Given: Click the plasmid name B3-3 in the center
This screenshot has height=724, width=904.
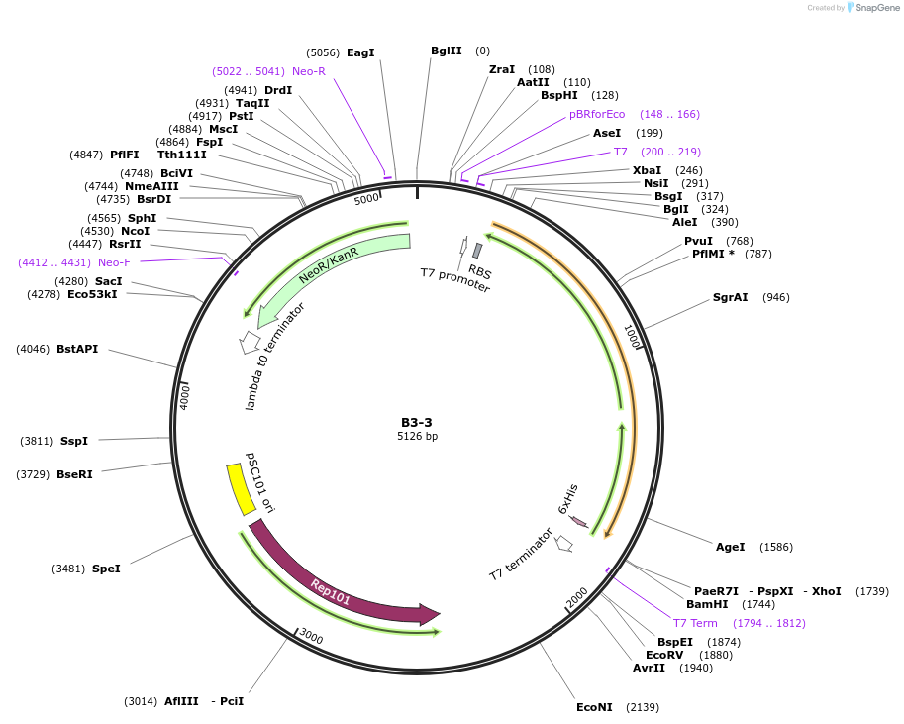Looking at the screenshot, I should [417, 422].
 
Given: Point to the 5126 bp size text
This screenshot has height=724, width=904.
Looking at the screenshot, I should [417, 436].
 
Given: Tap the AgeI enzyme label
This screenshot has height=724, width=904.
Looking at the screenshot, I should [730, 547].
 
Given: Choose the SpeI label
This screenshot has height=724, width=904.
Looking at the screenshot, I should [106, 569].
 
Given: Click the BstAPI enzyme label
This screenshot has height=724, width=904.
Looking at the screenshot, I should [77, 349].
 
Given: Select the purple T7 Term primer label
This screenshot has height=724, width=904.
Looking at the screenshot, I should [695, 623].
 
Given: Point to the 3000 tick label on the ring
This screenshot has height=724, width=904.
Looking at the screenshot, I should [311, 635].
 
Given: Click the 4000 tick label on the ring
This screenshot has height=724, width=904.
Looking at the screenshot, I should [185, 396].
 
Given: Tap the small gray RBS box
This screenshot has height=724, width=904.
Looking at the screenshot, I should [477, 251].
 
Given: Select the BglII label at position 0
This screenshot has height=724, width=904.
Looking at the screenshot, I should [447, 51].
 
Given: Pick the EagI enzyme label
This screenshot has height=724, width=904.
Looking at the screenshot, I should [360, 52].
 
